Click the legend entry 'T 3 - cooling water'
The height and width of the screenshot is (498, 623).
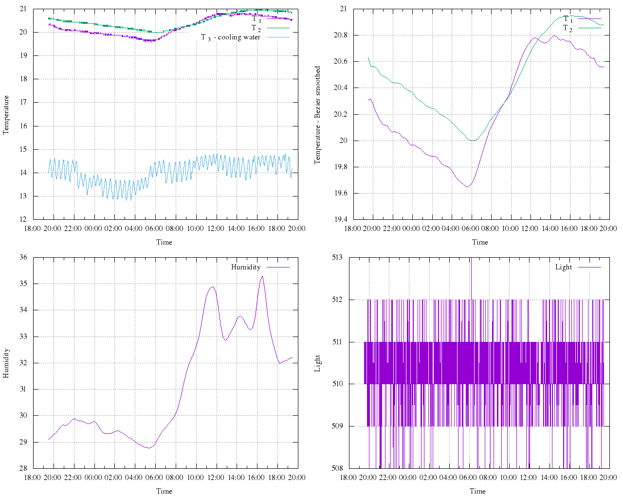click(x=231, y=37)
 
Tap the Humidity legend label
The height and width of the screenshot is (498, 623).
click(x=246, y=267)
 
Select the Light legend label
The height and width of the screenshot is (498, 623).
click(x=564, y=267)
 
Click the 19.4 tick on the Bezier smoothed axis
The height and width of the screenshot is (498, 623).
click(x=341, y=220)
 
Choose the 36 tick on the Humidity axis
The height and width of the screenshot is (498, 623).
click(x=23, y=257)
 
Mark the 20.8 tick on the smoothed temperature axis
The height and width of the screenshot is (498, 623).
click(x=341, y=36)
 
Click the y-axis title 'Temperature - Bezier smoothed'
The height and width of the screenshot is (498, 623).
click(x=318, y=115)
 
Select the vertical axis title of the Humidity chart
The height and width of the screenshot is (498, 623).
click(x=6, y=363)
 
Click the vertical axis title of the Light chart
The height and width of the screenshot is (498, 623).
click(x=318, y=363)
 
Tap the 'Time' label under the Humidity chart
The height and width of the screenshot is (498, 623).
click(x=164, y=491)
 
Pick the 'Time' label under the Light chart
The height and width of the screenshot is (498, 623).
click(x=477, y=491)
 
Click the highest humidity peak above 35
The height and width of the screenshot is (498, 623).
click(x=262, y=276)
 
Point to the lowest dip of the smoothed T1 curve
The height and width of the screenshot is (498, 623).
click(x=468, y=187)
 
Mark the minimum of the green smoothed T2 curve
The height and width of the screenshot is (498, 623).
click(x=472, y=141)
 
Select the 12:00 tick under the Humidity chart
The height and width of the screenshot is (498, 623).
click(x=216, y=478)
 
